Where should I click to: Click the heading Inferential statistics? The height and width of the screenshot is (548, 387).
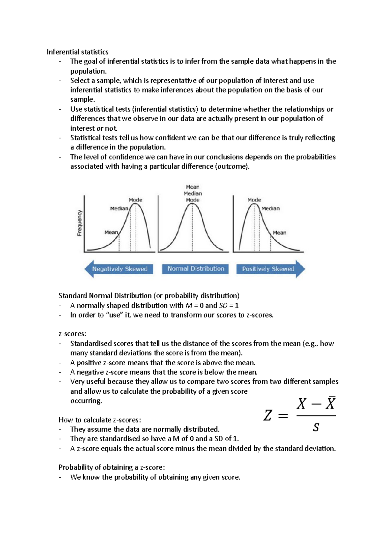click(x=77, y=52)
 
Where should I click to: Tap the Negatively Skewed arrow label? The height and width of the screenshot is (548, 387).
click(x=120, y=269)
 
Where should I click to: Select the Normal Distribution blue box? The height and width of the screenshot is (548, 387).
click(x=196, y=269)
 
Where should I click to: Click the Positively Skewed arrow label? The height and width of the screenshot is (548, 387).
click(x=268, y=269)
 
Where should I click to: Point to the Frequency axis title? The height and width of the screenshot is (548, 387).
click(x=79, y=223)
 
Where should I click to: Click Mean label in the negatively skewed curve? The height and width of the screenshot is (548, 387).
click(x=111, y=232)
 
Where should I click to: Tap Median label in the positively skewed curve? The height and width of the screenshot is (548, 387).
click(x=271, y=208)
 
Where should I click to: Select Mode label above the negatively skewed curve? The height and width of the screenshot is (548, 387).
click(x=135, y=200)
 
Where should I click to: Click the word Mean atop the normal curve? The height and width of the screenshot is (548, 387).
click(x=193, y=187)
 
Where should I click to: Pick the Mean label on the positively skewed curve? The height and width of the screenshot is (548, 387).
click(x=279, y=233)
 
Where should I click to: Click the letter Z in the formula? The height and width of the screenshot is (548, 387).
click(x=268, y=416)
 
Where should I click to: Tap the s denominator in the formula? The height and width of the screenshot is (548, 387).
click(x=316, y=428)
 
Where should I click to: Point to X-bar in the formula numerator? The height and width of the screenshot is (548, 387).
click(x=330, y=403)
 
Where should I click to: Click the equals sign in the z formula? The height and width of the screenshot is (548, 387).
click(x=283, y=416)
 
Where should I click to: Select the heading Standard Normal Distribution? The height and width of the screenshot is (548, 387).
click(x=149, y=296)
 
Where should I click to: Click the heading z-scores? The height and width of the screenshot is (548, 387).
click(x=72, y=334)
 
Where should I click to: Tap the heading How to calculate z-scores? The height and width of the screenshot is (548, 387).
click(x=100, y=420)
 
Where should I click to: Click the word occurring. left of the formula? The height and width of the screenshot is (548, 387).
click(x=86, y=401)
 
